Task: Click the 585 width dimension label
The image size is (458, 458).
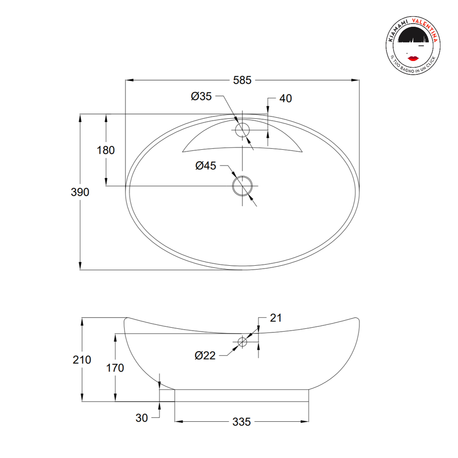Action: click(x=242, y=80)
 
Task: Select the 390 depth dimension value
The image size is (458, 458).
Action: click(x=80, y=192)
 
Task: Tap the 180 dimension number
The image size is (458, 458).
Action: click(x=106, y=150)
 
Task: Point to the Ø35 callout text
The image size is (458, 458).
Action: click(x=201, y=96)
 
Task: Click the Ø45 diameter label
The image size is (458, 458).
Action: click(x=206, y=166)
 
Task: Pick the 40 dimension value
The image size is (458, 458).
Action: click(x=286, y=98)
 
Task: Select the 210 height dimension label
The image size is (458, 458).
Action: click(x=82, y=360)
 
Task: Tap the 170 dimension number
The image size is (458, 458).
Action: click(x=115, y=368)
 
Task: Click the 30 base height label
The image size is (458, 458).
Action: click(x=142, y=418)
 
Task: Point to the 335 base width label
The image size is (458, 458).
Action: click(x=241, y=422)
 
